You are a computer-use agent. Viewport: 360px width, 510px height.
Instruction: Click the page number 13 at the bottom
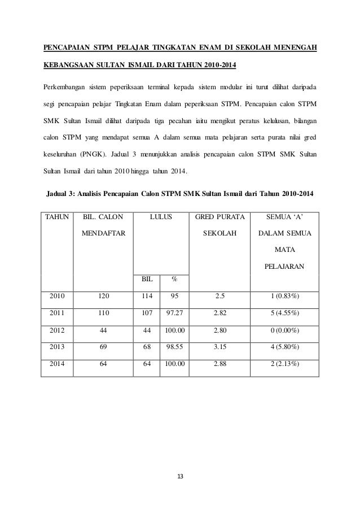[180, 474]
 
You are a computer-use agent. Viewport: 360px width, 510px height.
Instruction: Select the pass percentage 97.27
[174, 312]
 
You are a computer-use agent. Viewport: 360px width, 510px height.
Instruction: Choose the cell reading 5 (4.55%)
[284, 312]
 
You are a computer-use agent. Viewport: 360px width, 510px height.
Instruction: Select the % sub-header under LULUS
[174, 278]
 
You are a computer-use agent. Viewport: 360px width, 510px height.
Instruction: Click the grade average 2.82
[220, 312]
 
